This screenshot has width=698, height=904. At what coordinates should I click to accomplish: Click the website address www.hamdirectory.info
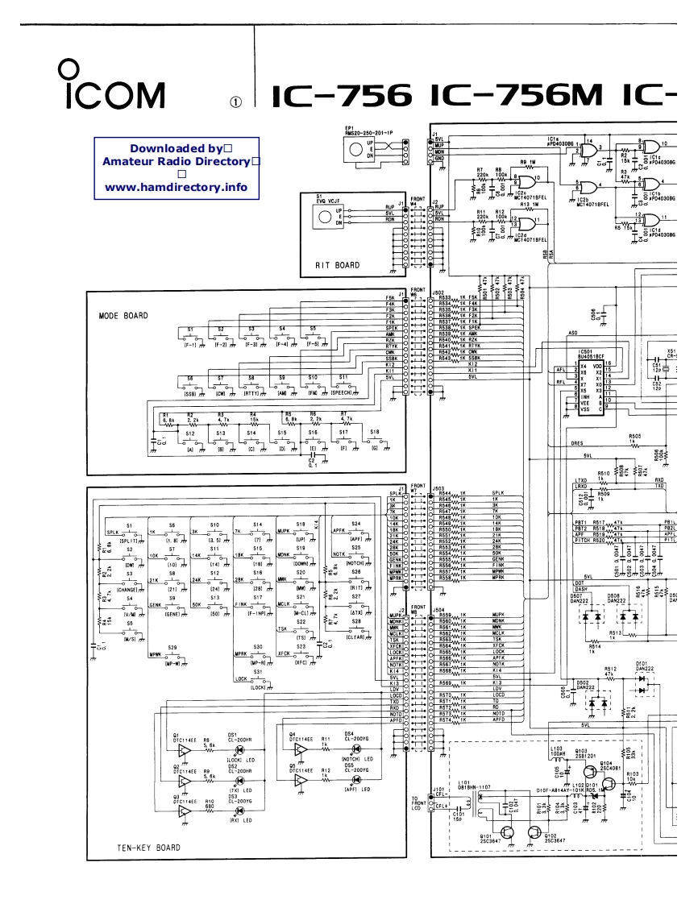click(x=176, y=188)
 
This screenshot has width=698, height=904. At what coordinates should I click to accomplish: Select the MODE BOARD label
click(x=118, y=315)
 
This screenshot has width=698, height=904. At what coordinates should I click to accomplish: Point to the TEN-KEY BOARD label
click(x=143, y=847)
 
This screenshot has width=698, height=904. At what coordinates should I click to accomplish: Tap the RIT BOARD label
click(x=337, y=264)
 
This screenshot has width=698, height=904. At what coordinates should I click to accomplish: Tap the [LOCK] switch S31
click(x=257, y=678)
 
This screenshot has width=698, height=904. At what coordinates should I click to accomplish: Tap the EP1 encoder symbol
click(x=354, y=149)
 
